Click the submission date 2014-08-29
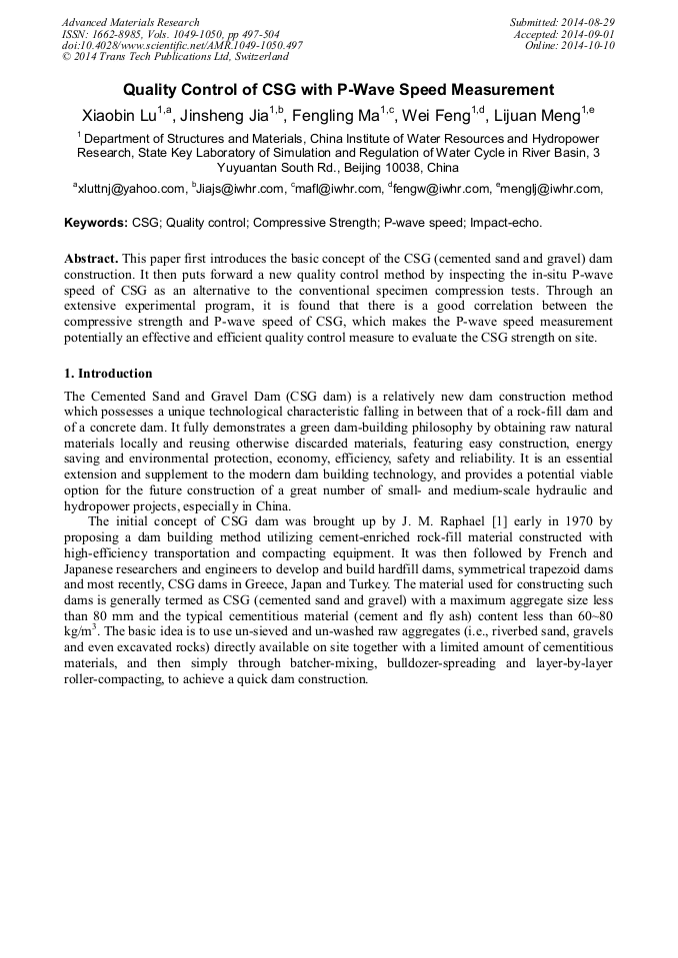587,22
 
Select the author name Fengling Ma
343,115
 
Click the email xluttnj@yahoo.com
132,188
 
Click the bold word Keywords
95,223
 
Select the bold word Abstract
92,258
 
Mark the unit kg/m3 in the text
80,632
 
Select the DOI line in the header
182,46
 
